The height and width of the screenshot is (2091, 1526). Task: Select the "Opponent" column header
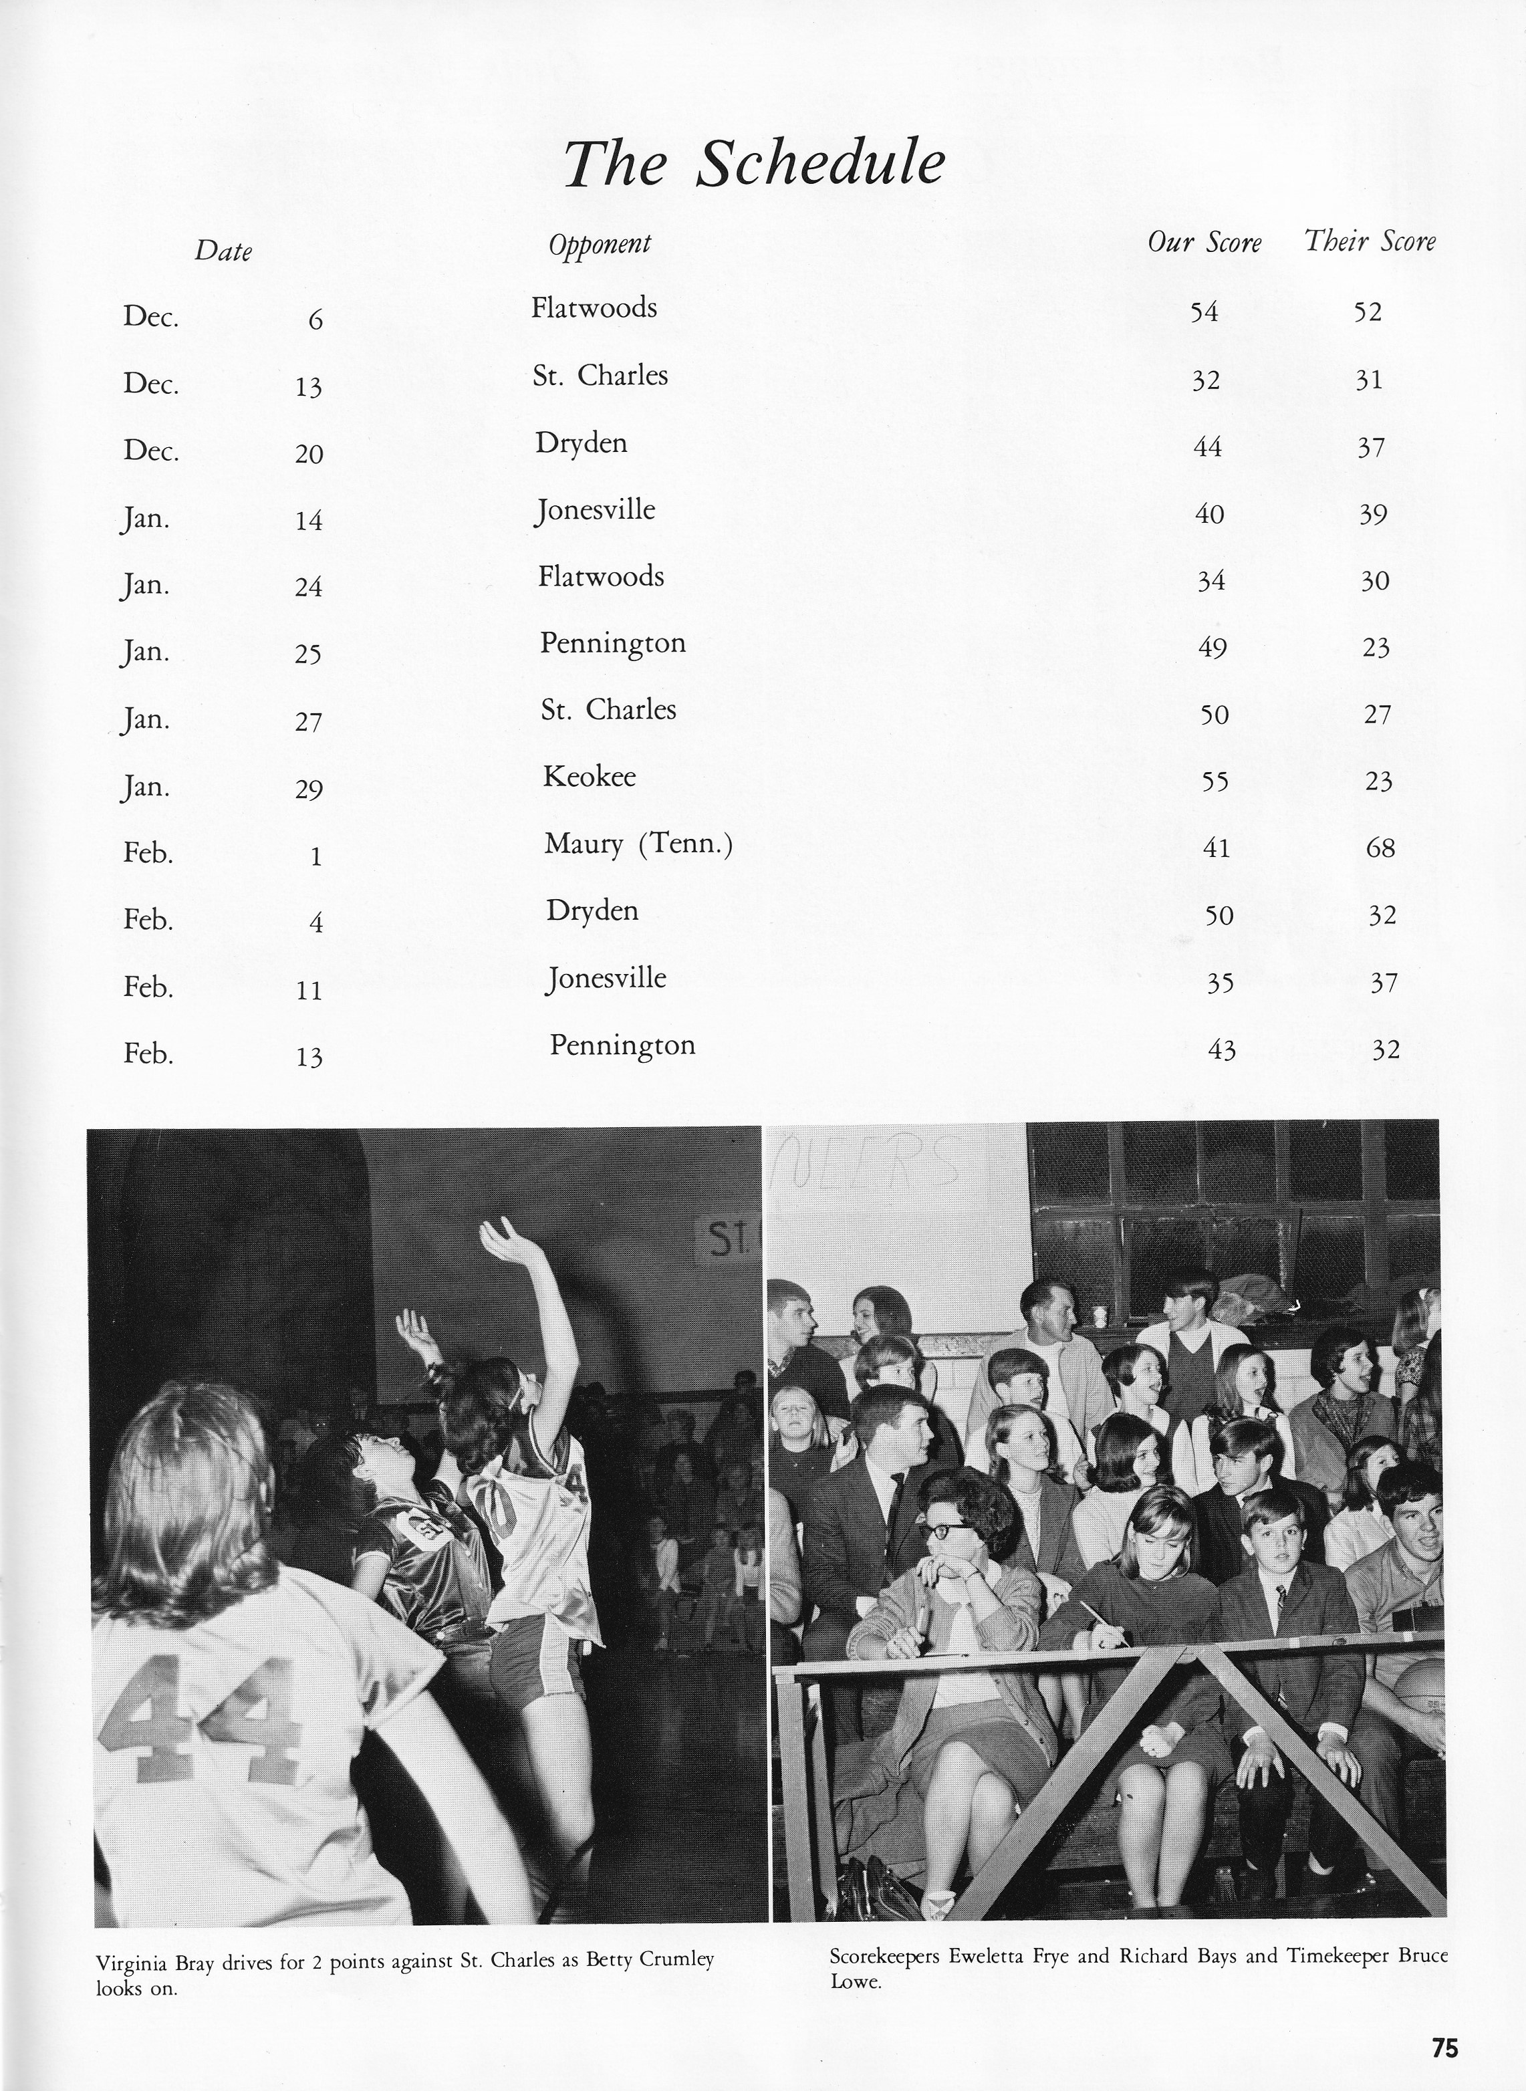(x=600, y=245)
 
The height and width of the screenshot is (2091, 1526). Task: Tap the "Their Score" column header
(x=1370, y=242)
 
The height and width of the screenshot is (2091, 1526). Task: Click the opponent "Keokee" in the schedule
(x=590, y=776)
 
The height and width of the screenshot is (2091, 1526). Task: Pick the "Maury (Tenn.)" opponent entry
(x=638, y=843)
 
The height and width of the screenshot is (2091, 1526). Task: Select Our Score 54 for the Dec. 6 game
(x=1204, y=312)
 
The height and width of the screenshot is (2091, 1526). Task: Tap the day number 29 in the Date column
(x=309, y=789)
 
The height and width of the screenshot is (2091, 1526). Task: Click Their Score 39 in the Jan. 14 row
(x=1373, y=515)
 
